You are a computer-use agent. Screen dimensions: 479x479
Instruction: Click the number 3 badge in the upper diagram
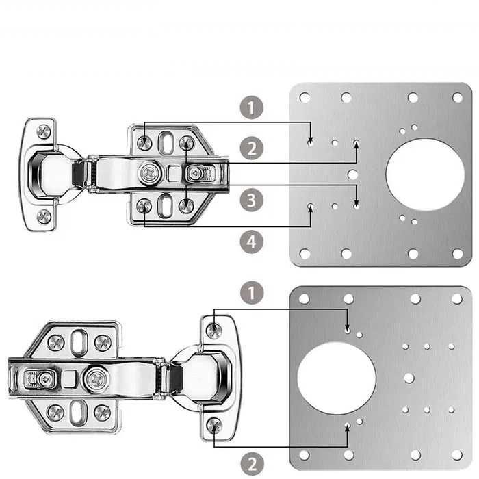(x=251, y=200)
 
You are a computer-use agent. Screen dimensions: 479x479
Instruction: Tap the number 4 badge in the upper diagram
(x=251, y=242)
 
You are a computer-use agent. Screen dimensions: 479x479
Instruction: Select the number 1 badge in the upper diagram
(x=251, y=107)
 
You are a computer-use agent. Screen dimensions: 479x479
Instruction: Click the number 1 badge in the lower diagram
(x=252, y=293)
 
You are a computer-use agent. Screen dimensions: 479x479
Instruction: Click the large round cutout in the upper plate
(x=425, y=174)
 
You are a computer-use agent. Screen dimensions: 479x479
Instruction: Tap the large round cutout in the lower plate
(x=337, y=378)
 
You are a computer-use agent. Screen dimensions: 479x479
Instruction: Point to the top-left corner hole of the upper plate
(x=305, y=97)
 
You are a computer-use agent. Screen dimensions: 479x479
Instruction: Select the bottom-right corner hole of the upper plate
(x=458, y=254)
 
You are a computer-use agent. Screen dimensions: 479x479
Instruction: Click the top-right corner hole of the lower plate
(x=457, y=299)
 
